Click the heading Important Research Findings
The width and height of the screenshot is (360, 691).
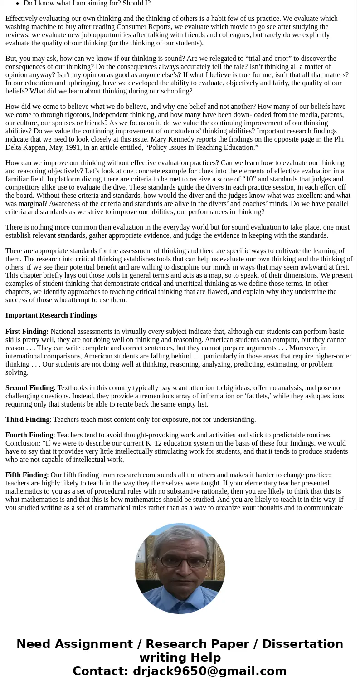point(51,315)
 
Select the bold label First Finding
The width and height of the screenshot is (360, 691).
point(27,332)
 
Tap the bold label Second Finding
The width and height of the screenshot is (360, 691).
point(29,388)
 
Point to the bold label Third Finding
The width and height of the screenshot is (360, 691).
point(27,420)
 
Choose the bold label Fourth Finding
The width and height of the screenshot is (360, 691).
point(29,435)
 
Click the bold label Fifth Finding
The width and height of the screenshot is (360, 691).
point(26,475)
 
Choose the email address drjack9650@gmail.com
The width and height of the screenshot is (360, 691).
point(209,671)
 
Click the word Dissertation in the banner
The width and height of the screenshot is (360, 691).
point(302,644)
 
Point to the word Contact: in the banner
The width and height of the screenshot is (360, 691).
point(101,671)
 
